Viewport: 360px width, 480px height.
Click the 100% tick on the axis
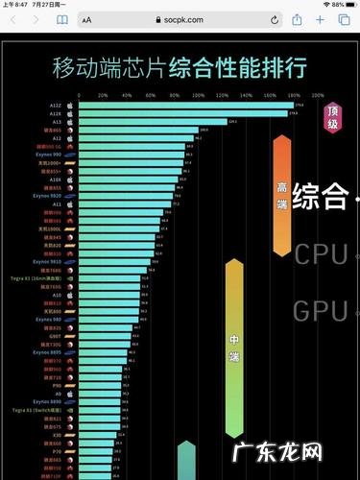[197, 95]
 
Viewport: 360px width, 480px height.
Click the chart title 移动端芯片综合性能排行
[180, 67]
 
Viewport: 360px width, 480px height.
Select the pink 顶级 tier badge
[332, 115]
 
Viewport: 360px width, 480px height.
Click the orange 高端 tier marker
[282, 192]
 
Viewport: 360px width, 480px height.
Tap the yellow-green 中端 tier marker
[234, 341]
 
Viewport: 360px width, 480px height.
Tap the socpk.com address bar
[180, 18]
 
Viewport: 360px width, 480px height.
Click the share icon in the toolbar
[298, 18]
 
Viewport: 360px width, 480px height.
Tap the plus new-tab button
[323, 18]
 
